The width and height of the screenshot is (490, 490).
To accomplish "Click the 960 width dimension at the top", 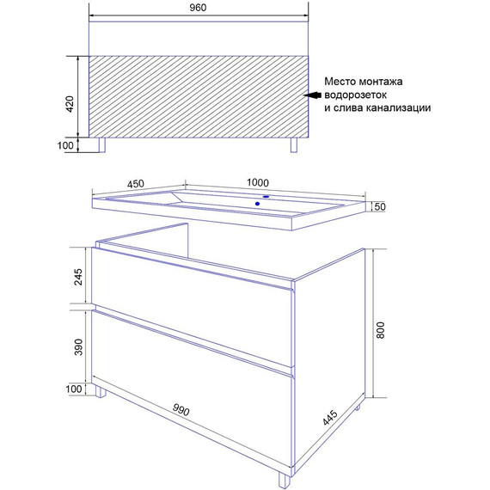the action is pos(198,8).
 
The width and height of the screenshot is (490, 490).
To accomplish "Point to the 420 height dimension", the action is pos(70,104).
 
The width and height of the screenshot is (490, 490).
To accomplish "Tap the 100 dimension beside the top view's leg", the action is pos(65,145).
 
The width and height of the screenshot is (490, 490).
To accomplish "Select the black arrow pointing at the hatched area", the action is pos(313,95).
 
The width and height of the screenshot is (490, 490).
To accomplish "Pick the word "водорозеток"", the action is pos(356,95).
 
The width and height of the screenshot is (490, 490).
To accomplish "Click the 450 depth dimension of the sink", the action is pos(136,184).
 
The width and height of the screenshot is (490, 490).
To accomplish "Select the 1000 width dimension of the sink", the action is pos(258,182).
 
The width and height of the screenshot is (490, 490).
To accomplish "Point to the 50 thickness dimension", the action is pos(380,207).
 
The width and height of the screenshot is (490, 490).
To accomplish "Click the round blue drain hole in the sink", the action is pos(257,204).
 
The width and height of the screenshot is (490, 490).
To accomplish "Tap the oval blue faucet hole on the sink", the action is pos(266,197).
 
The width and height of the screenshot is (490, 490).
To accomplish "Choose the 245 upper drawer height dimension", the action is pos(78,277).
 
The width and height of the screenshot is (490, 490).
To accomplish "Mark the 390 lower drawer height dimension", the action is pos(78,347).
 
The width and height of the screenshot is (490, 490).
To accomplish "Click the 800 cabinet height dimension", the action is pos(380,330).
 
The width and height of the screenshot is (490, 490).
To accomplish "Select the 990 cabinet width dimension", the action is pos(181,410).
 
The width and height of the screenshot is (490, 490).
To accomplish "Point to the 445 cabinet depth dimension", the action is pos(330,418).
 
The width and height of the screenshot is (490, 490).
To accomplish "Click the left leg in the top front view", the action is pos(102,145).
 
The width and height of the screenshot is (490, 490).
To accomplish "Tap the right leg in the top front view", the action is pos(294,145).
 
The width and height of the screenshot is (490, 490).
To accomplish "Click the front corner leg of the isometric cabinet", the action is pos(285,481).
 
